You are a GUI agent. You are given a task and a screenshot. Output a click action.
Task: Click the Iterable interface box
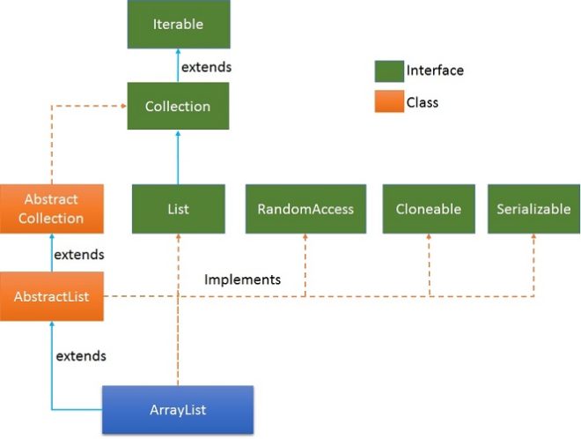[179, 24]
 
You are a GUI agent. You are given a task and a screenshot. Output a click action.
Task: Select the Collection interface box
[178, 106]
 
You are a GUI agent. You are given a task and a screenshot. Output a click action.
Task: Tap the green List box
[179, 209]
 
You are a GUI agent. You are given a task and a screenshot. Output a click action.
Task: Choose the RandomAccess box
[305, 209]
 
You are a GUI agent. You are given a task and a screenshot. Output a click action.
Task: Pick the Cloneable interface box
[429, 209]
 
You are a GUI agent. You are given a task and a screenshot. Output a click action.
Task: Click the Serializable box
[533, 209]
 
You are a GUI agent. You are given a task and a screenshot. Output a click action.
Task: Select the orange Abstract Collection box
[51, 209]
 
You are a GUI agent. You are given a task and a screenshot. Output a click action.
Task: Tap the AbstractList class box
[51, 296]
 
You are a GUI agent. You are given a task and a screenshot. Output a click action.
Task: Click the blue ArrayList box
[178, 409]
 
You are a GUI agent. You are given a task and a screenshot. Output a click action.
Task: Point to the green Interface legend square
[388, 71]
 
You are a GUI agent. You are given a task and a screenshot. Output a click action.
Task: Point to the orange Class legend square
[388, 102]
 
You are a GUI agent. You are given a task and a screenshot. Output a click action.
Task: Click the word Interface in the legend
[435, 71]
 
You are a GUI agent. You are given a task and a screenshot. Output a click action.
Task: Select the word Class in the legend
[423, 102]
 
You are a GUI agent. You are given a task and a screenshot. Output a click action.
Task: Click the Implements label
[242, 279]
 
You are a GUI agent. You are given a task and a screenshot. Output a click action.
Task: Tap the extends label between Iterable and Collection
[207, 67]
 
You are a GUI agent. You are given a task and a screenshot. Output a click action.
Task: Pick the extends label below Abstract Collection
[79, 255]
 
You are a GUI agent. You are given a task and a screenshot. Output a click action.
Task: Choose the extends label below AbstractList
[81, 356]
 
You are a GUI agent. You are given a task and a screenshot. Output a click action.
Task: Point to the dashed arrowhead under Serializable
[533, 239]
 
